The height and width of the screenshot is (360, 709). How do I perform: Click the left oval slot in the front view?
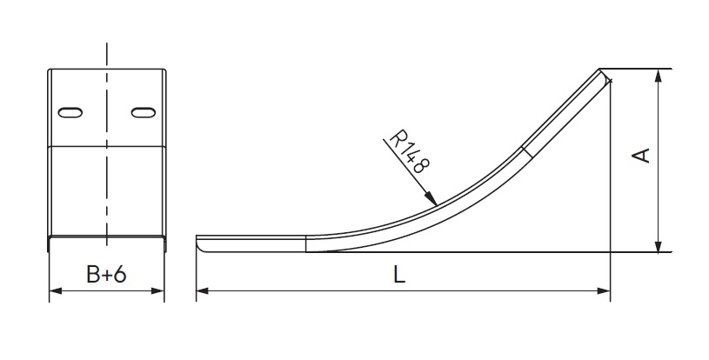click(x=70, y=112)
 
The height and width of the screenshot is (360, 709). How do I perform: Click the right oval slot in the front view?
click(x=144, y=112)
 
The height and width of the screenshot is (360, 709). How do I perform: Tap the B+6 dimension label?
click(x=106, y=274)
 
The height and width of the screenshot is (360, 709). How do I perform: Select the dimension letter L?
click(x=398, y=274)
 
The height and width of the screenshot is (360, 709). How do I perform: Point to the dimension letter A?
click(x=641, y=156)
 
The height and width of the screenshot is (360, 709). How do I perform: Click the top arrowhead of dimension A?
click(x=659, y=76)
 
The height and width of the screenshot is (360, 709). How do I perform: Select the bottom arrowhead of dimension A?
click(x=659, y=245)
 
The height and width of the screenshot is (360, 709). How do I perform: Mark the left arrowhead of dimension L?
click(x=203, y=291)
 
